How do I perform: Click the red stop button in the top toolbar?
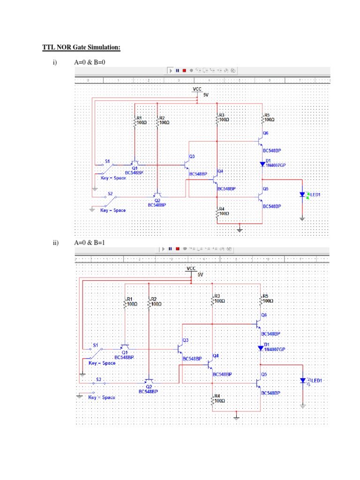tap(184, 71)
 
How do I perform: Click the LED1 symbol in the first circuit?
tap(303, 195)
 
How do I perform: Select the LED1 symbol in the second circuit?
tap(303, 380)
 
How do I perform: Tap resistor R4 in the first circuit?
tap(217, 212)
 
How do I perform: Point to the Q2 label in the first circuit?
tap(156, 200)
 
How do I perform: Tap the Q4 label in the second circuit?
tap(216, 356)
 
